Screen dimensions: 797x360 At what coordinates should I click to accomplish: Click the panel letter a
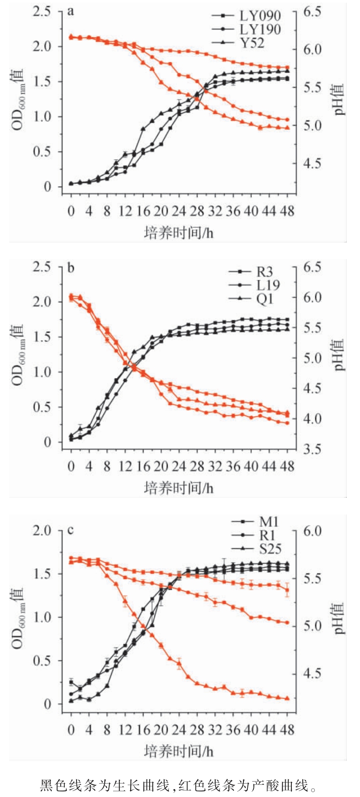(70, 11)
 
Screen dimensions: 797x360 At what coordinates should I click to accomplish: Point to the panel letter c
(70, 530)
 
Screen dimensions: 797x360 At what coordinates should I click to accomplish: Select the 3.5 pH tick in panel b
(312, 449)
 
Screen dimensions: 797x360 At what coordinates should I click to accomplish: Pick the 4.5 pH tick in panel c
(312, 673)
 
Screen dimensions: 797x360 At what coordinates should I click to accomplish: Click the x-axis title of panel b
(178, 488)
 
